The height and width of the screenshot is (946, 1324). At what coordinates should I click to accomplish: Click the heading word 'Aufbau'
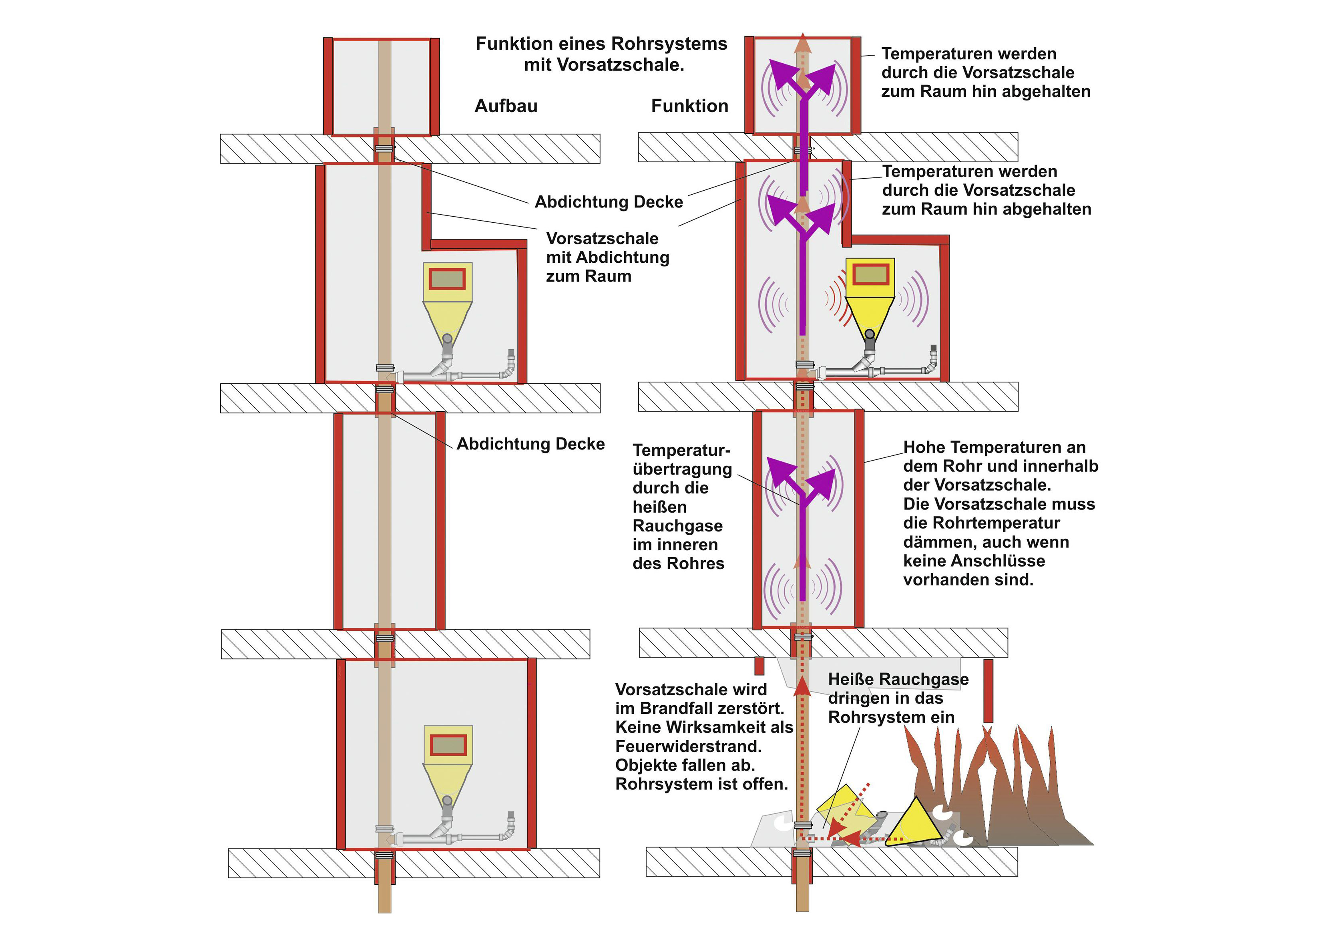(x=506, y=106)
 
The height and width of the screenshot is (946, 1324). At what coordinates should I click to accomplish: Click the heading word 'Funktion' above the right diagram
(x=689, y=106)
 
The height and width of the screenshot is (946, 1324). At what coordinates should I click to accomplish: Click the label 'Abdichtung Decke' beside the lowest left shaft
(x=530, y=444)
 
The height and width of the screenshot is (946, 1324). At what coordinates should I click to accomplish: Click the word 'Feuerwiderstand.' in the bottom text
(x=688, y=746)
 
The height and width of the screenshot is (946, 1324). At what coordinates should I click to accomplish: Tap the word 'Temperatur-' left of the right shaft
(x=681, y=450)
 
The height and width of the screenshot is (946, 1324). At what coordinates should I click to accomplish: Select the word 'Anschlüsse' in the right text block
(x=1003, y=561)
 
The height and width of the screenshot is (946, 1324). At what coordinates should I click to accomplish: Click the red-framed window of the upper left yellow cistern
(x=447, y=278)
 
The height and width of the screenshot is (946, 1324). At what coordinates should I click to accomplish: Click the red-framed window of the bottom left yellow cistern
(x=448, y=745)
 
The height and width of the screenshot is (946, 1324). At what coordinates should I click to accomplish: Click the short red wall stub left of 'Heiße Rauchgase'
(x=759, y=666)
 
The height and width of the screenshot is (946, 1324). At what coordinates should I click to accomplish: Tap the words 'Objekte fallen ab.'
(x=685, y=765)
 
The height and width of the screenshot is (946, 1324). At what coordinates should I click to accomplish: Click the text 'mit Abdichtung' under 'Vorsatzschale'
(x=608, y=258)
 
